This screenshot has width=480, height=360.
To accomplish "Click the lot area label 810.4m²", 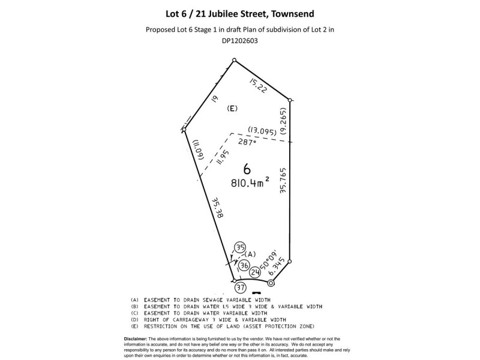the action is [250, 182].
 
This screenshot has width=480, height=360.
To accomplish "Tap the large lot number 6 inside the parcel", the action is [247, 169].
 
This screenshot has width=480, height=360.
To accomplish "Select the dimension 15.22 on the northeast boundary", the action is [259, 85].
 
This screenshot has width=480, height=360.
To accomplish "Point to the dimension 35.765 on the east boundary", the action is [283, 180].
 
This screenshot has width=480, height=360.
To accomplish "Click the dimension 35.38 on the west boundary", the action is [218, 207].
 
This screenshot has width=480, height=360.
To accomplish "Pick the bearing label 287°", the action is [247, 142].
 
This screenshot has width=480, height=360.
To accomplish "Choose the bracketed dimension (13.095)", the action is [262, 131].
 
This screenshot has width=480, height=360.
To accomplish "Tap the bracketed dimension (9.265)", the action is [283, 121].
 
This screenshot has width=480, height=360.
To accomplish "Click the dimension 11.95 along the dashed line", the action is [223, 157].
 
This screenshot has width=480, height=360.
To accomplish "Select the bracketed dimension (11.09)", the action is [197, 150].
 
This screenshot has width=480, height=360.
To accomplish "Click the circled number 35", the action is [241, 247].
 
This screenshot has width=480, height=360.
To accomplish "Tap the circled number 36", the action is [244, 265].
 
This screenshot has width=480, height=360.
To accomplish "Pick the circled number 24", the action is [256, 272].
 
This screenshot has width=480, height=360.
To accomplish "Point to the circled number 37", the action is [241, 287].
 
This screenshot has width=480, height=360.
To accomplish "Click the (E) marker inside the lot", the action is [232, 109].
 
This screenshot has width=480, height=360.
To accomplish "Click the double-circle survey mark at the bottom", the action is [271, 283].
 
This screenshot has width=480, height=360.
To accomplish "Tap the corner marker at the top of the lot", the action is [234, 60].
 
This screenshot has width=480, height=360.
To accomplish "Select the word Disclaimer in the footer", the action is [136, 339].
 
